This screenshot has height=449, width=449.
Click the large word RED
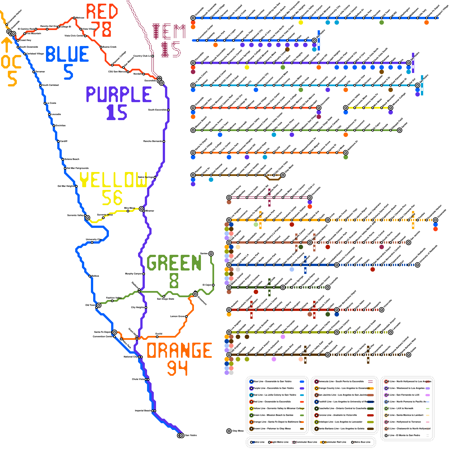102,12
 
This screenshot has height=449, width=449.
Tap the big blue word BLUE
67,54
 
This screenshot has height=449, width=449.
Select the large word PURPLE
119,94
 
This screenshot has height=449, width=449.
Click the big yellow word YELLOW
113,180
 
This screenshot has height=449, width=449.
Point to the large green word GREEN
174,263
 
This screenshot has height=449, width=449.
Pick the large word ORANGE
179,351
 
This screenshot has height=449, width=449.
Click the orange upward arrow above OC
6,45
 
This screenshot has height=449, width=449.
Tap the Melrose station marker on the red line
74,18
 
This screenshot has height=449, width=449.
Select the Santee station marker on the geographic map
211,254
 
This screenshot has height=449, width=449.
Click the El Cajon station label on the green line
207,285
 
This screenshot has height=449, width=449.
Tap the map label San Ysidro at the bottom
191,435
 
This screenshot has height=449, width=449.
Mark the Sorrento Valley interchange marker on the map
88,218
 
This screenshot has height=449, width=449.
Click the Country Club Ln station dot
153,56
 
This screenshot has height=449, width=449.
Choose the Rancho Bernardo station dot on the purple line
164,141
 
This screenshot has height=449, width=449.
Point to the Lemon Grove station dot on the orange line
186,317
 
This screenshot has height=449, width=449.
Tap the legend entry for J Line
404,435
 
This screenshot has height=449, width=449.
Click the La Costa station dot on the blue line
45,103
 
